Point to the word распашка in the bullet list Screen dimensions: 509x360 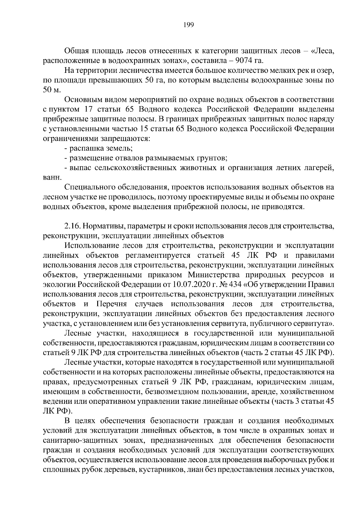[85, 148]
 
